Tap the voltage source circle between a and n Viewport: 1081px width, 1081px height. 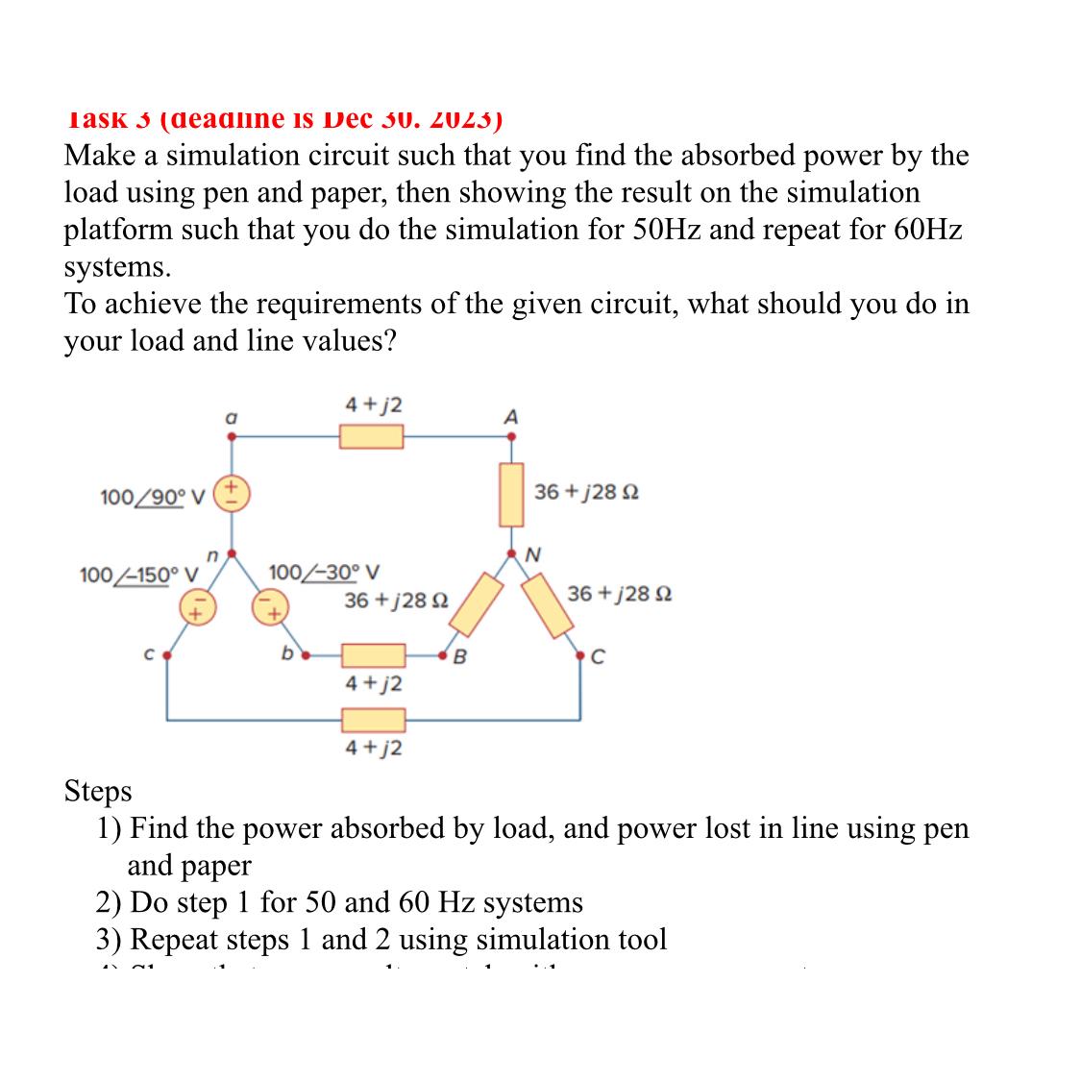232,491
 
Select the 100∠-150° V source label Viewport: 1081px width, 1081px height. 138,575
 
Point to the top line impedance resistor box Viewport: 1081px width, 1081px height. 371,437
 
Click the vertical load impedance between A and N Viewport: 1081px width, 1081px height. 511,494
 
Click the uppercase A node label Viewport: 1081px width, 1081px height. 511,417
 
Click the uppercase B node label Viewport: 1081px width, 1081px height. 459,657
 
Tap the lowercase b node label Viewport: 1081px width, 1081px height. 286,654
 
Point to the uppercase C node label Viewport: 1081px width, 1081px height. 599,657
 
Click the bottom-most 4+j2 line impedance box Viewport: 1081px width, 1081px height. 374,720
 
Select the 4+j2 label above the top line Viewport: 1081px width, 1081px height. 374,405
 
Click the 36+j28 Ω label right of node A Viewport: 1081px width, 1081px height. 586,492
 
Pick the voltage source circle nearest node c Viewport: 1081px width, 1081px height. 196,607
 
